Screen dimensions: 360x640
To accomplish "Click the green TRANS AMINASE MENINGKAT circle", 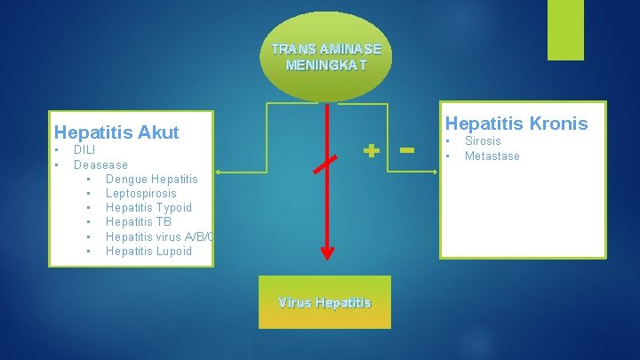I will click(326, 55).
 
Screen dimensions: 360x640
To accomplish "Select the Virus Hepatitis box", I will click(324, 302).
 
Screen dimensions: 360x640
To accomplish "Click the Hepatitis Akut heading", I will click(116, 132).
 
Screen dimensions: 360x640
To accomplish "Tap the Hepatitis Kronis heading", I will click(516, 124).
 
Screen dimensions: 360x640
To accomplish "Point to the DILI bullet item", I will click(84, 150).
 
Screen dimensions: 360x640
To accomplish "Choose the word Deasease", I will click(100, 164).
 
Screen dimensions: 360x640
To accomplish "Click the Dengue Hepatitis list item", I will click(151, 179).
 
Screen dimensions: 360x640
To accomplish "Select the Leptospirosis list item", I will click(140, 193).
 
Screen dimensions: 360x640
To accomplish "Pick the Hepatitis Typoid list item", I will click(148, 207).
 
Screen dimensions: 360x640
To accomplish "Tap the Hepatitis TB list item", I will click(138, 221).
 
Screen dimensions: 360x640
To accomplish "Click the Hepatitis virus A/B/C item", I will click(160, 236).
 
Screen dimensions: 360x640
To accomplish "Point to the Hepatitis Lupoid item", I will click(148, 251).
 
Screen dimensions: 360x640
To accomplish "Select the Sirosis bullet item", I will click(483, 140).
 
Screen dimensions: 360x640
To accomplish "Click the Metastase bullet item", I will click(492, 156).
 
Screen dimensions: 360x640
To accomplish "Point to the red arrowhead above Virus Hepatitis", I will click(328, 252).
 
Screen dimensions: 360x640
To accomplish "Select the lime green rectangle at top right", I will click(565, 29).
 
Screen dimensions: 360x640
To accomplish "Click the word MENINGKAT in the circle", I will click(325, 65).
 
